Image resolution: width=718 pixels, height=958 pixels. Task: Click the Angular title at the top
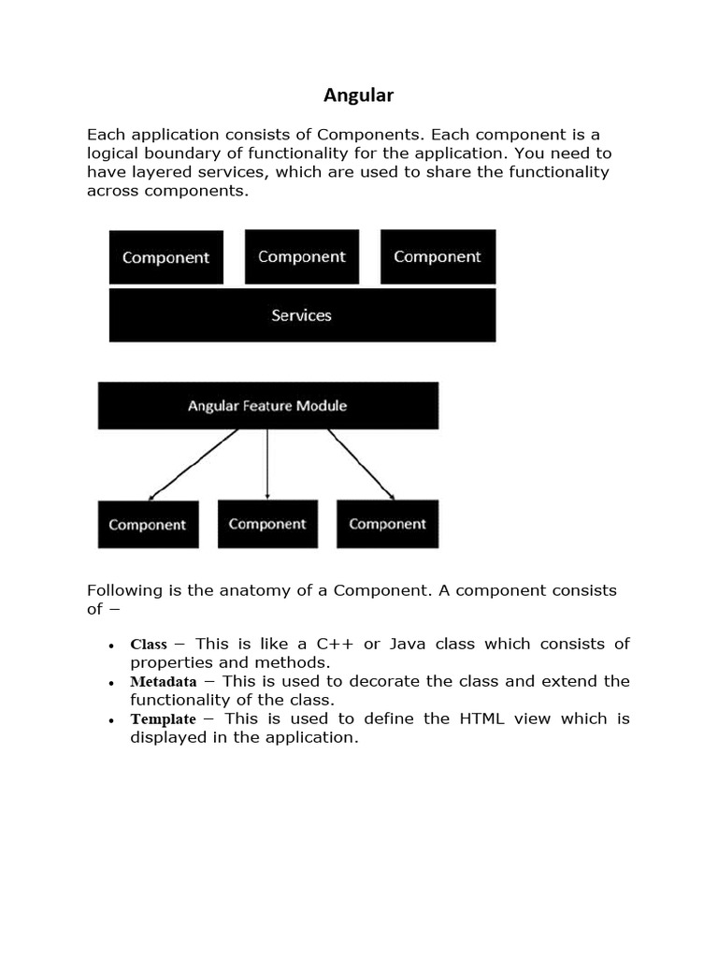pyautogui.click(x=359, y=94)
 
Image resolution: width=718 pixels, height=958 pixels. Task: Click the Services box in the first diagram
pyautogui.click(x=302, y=315)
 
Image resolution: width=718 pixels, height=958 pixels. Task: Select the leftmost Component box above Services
pyautogui.click(x=166, y=257)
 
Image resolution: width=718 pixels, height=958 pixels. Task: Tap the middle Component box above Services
pyautogui.click(x=301, y=256)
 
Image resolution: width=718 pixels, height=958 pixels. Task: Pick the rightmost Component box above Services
pyautogui.click(x=438, y=256)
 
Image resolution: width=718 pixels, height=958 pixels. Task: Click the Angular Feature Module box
pyautogui.click(x=267, y=406)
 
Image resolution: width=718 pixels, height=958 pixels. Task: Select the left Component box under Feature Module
pyautogui.click(x=148, y=524)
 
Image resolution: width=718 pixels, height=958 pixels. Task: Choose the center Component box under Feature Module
pyautogui.click(x=267, y=524)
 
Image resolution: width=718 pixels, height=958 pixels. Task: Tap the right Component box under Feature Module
pyautogui.click(x=387, y=524)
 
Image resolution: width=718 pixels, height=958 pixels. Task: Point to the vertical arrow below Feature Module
pyautogui.click(x=267, y=463)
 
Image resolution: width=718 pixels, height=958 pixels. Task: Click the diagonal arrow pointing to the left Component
pyautogui.click(x=194, y=464)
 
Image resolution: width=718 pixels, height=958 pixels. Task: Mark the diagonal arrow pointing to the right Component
pyautogui.click(x=361, y=464)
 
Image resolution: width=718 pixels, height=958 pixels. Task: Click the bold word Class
pyautogui.click(x=149, y=645)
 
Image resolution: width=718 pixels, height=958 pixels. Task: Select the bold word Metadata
pyautogui.click(x=164, y=682)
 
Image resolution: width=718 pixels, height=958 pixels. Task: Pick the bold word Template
pyautogui.click(x=164, y=719)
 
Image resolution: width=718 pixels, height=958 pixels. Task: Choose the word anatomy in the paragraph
pyautogui.click(x=233, y=591)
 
